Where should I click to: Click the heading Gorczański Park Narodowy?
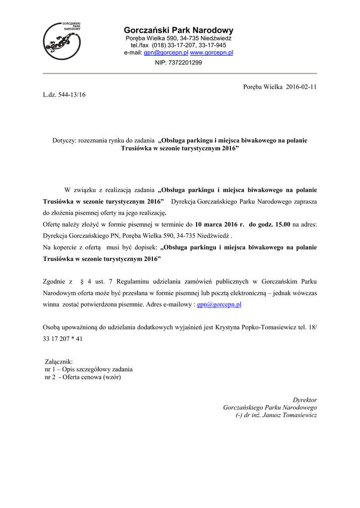pyautogui.click(x=178, y=30)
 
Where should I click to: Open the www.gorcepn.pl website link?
pyautogui.click(x=212, y=52)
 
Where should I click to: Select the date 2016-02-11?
pyautogui.click(x=300, y=86)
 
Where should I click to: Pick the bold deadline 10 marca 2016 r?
pyautogui.click(x=220, y=224)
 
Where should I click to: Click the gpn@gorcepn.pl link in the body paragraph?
pyautogui.click(x=219, y=305)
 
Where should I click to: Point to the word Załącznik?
pyautogui.click(x=59, y=362)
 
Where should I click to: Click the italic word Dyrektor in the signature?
pyautogui.click(x=305, y=400)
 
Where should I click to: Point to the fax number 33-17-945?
pyautogui.click(x=213, y=45)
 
